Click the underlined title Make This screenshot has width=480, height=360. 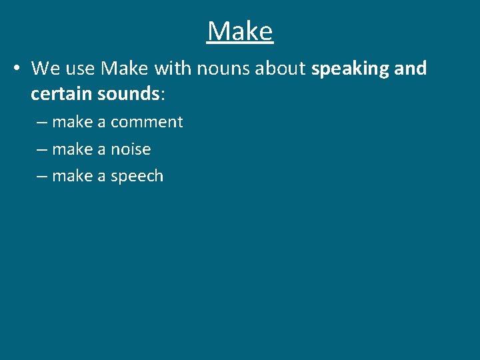240,31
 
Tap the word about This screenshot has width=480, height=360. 283,69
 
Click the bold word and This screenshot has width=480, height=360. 409,69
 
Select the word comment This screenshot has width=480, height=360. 147,122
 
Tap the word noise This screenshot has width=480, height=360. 131,149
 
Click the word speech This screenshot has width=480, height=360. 137,177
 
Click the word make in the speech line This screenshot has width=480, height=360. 72,176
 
